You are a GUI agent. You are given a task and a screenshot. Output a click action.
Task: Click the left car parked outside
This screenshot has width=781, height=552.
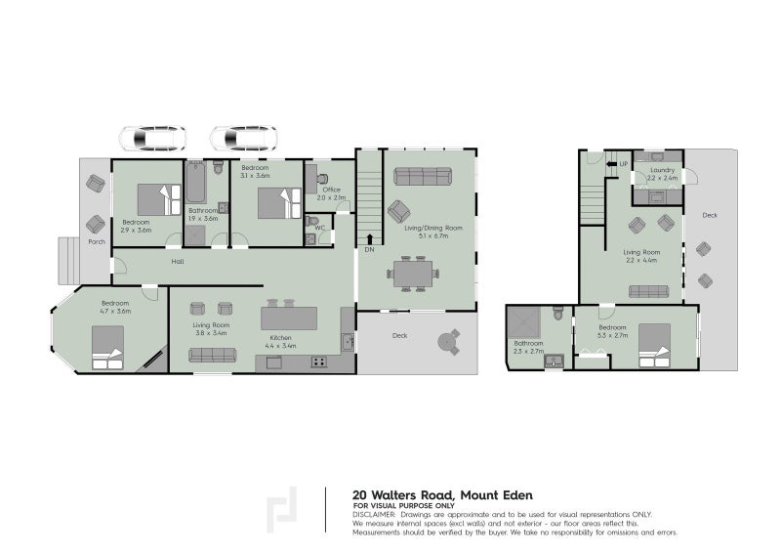(x=152, y=139)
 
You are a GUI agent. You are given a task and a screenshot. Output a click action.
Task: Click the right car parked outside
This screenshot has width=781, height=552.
(x=243, y=139)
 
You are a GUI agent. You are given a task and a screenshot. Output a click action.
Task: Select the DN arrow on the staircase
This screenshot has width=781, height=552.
(x=370, y=237)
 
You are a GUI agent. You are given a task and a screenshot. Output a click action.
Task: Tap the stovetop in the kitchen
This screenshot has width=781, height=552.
(x=319, y=362)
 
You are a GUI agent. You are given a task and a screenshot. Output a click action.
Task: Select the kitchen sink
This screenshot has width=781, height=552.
(x=348, y=342)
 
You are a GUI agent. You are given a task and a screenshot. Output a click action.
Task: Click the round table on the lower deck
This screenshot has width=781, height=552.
(x=448, y=342)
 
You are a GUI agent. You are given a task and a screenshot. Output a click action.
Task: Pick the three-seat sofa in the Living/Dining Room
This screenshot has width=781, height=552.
(x=422, y=176)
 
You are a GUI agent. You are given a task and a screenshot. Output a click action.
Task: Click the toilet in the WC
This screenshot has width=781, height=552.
(x=311, y=237)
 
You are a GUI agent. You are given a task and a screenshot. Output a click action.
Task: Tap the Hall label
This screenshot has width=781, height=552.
(x=178, y=262)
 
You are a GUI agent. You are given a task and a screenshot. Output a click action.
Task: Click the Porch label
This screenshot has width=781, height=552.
(x=96, y=241)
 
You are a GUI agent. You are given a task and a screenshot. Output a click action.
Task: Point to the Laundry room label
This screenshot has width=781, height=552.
(x=662, y=171)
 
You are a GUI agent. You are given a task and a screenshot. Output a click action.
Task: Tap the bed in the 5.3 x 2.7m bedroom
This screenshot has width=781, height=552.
(x=655, y=346)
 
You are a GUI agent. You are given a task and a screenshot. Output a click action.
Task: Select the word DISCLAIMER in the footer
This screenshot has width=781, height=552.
(x=374, y=513)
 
